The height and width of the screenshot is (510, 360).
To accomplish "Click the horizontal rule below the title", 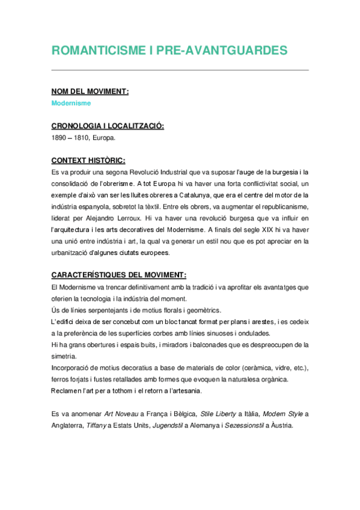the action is pyautogui.click(x=180, y=70).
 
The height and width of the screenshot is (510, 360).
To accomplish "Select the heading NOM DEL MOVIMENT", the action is pyautogui.click(x=90, y=91).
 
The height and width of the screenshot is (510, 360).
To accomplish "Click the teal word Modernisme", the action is pyautogui.click(x=71, y=103).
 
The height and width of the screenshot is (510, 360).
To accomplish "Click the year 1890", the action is pyautogui.click(x=60, y=138).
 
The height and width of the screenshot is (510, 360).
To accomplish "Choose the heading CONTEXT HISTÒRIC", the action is pyautogui.click(x=88, y=161).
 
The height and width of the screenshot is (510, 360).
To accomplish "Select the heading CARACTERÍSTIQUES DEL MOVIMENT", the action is pyautogui.click(x=119, y=275).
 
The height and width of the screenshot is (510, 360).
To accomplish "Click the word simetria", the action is pyautogui.click(x=65, y=357).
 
